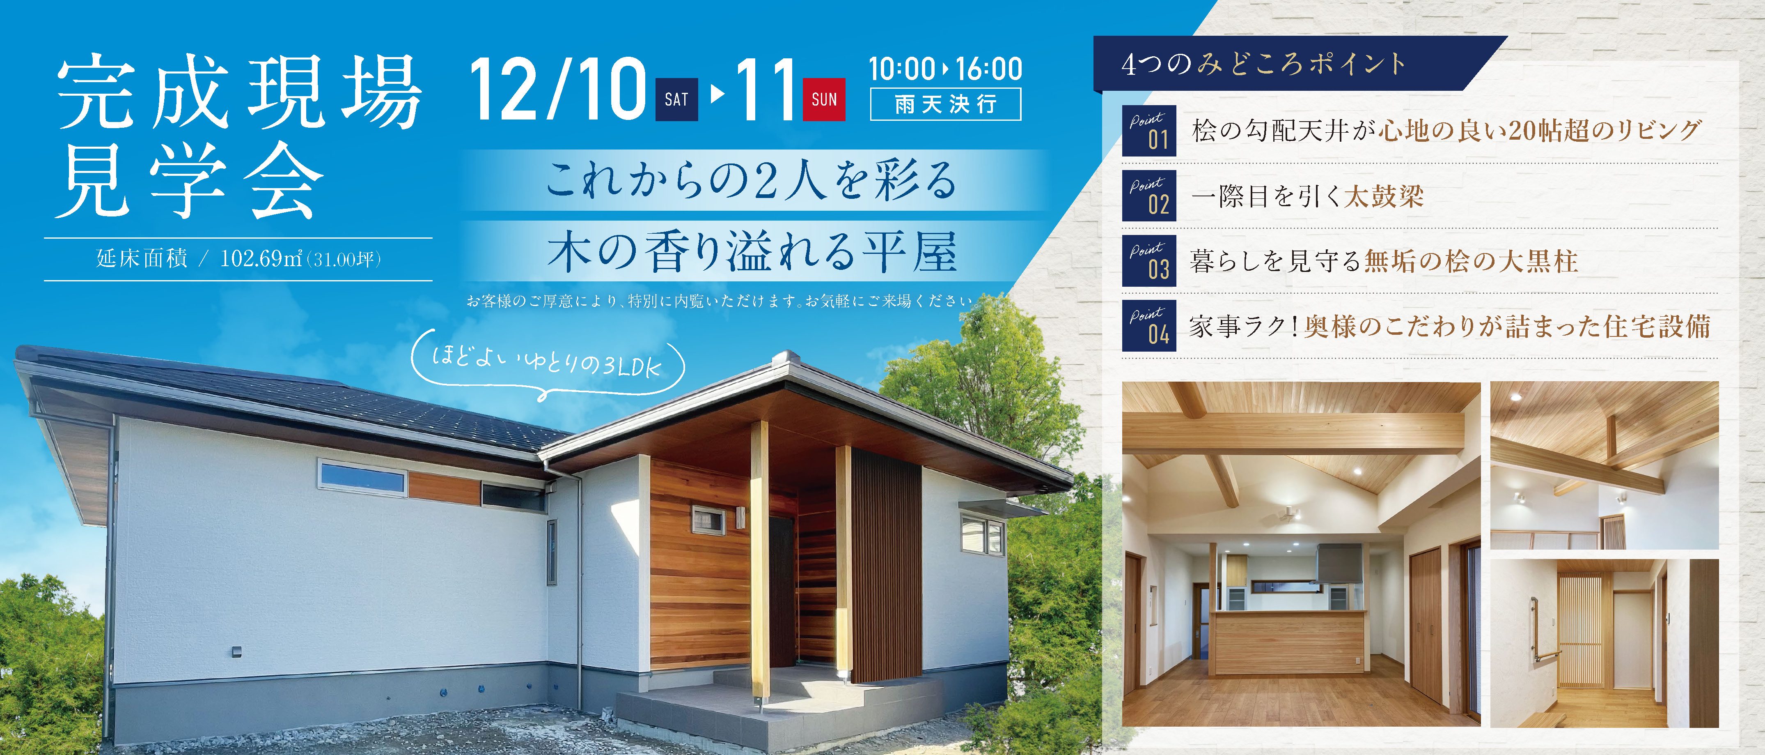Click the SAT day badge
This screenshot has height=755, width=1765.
click(x=676, y=99)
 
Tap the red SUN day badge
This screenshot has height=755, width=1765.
click(x=824, y=99)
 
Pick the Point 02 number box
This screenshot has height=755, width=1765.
click(x=1149, y=196)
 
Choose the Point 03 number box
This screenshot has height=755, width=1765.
click(x=1149, y=261)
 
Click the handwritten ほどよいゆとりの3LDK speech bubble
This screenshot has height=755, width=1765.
click(x=548, y=366)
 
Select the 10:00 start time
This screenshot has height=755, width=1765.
click(x=902, y=69)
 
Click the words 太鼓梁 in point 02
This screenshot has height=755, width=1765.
click(x=1384, y=196)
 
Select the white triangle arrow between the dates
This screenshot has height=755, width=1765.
click(x=717, y=94)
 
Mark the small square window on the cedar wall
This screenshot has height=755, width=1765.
click(x=708, y=520)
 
